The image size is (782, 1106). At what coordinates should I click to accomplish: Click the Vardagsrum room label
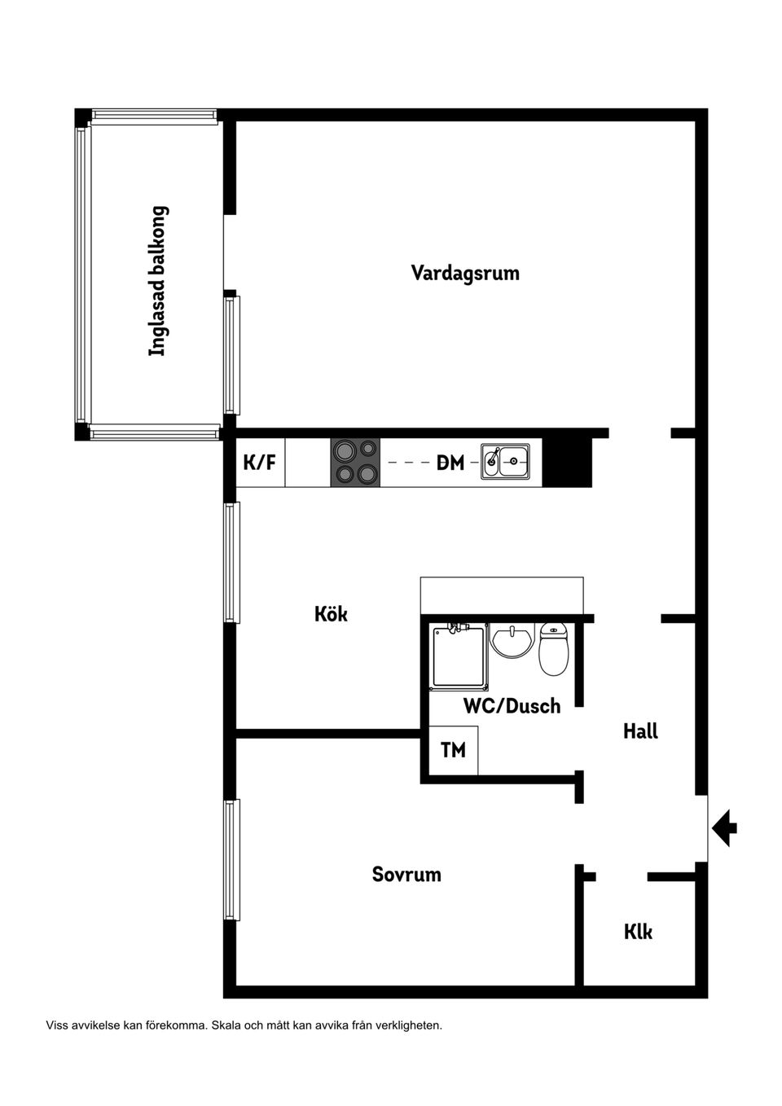coord(464,273)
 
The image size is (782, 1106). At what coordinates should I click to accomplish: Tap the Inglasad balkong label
coord(157,280)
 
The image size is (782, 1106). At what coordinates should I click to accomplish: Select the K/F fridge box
coord(260,463)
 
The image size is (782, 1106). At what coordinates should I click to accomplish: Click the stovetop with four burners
coord(355,463)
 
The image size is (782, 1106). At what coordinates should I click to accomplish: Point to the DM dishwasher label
coord(450,463)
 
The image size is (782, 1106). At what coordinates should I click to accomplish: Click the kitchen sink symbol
coord(504,461)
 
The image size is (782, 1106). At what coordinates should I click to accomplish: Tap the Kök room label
coord(331,613)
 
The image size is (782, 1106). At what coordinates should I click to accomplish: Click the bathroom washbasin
coord(512,641)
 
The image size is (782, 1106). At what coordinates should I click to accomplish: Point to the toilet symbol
coord(554,649)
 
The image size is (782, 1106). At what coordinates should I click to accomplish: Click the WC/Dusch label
coord(512,706)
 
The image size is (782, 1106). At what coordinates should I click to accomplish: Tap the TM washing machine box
coord(453,749)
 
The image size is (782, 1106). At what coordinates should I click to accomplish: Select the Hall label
coord(640,731)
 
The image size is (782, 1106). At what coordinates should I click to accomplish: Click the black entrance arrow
coord(724,828)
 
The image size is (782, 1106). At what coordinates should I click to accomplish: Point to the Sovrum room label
coord(406,875)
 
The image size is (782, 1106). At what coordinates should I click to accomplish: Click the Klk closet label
coord(638,932)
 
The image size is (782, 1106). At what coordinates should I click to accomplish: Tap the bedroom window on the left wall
coord(232,860)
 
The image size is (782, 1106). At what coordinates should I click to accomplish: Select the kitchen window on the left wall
coord(232,563)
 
